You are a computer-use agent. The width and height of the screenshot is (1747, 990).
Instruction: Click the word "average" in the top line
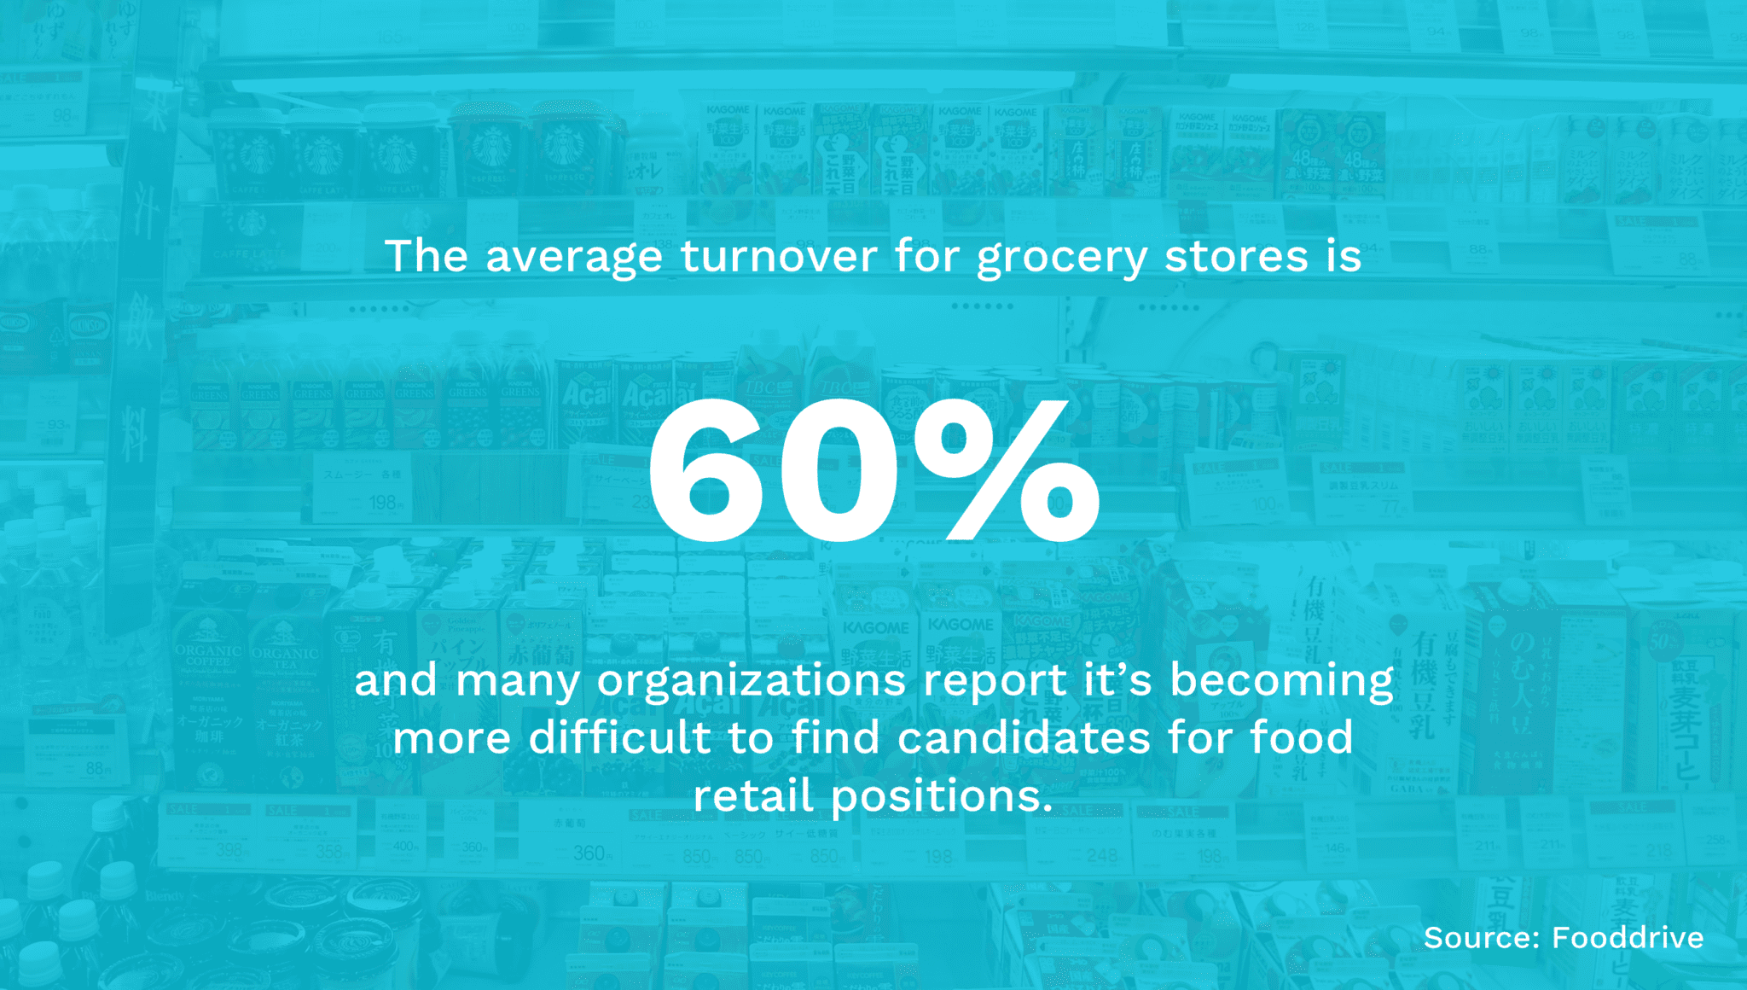coord(573,256)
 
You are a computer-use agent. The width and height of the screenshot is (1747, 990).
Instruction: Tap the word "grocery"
coord(1062,258)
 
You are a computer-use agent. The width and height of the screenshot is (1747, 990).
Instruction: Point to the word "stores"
coord(1236,256)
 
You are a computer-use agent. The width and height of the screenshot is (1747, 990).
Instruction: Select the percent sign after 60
coord(1007,470)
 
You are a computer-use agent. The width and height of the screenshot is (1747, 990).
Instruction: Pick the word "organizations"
coord(752,681)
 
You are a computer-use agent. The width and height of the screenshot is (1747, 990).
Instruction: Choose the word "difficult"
coord(620,737)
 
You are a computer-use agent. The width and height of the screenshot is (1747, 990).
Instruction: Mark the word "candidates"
coord(1024,737)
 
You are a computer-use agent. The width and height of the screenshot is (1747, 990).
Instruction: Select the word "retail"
coord(752,795)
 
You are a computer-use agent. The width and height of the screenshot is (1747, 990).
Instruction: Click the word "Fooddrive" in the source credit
coord(1628,938)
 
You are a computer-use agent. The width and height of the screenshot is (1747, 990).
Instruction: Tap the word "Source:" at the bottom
coord(1482,938)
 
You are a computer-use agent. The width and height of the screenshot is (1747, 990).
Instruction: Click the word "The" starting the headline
coord(427,256)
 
